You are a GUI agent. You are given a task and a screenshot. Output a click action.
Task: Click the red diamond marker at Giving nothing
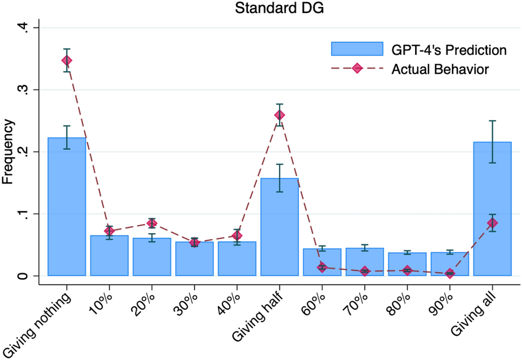point(67,60)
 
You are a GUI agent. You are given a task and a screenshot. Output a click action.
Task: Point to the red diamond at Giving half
point(279,115)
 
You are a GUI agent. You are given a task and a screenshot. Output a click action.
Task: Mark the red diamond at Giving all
point(492,223)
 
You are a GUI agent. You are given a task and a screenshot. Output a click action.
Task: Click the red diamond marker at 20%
point(152,223)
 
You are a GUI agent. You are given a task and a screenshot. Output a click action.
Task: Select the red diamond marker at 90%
point(450,274)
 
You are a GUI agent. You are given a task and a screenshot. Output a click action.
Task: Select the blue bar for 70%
point(365,262)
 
